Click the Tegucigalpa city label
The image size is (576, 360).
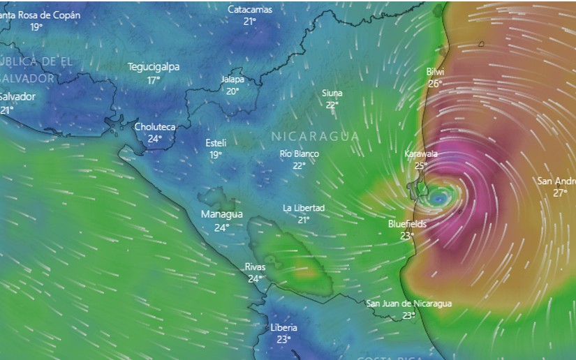(153, 67)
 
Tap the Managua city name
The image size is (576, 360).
(221, 214)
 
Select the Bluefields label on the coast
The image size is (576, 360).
(407, 224)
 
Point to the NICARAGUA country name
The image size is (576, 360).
(314, 136)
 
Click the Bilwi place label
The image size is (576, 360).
(435, 72)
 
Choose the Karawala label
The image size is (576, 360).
(421, 153)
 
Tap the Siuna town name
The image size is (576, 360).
(332, 93)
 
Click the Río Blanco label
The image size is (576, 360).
(299, 153)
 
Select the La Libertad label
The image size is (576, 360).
(304, 208)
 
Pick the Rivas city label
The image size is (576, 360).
(255, 267)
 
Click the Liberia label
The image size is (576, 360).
(283, 328)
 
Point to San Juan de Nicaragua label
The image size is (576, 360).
(409, 303)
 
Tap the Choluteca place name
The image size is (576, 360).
(154, 127)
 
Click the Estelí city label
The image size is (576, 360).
(216, 142)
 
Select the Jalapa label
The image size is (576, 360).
(232, 80)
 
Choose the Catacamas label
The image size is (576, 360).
(250, 10)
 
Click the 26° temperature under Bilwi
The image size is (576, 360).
(435, 84)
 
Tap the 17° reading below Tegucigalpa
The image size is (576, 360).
(153, 80)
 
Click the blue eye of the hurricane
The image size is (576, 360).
(438, 199)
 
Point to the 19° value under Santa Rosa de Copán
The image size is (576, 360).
(36, 27)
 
